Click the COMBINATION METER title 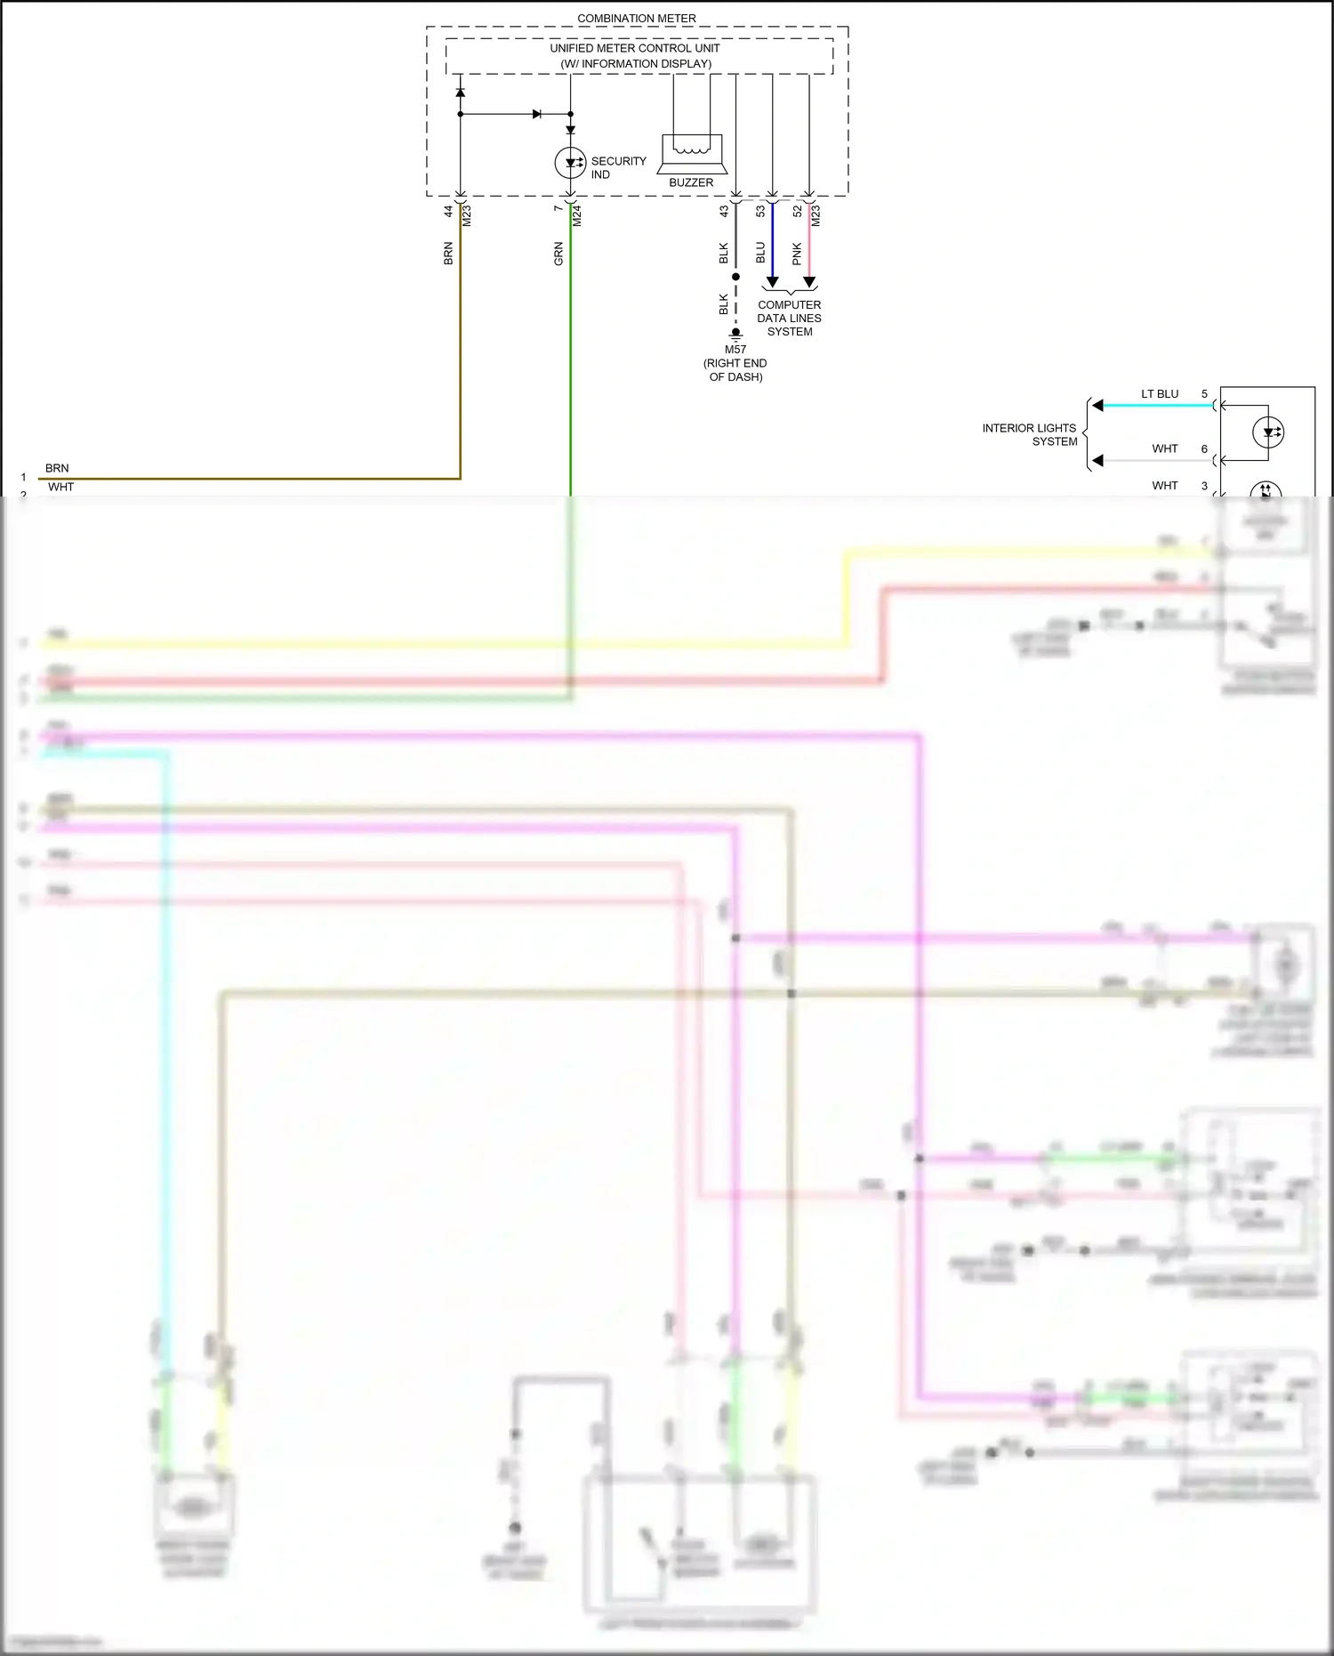(636, 18)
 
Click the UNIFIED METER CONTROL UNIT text (634, 48)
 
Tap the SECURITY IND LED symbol (570, 163)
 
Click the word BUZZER (691, 182)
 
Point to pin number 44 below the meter (448, 212)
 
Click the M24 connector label (576, 215)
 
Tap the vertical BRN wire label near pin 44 (448, 254)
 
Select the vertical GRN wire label (559, 254)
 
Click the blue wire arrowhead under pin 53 (772, 282)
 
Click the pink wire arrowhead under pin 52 (809, 282)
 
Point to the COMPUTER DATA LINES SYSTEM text (789, 318)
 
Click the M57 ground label (735, 350)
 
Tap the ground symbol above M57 (735, 335)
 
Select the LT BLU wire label (1160, 393)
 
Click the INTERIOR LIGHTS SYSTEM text (1029, 434)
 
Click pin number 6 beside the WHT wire (1204, 449)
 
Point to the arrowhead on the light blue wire (1098, 406)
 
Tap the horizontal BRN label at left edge (57, 468)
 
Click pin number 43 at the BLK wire (724, 212)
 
